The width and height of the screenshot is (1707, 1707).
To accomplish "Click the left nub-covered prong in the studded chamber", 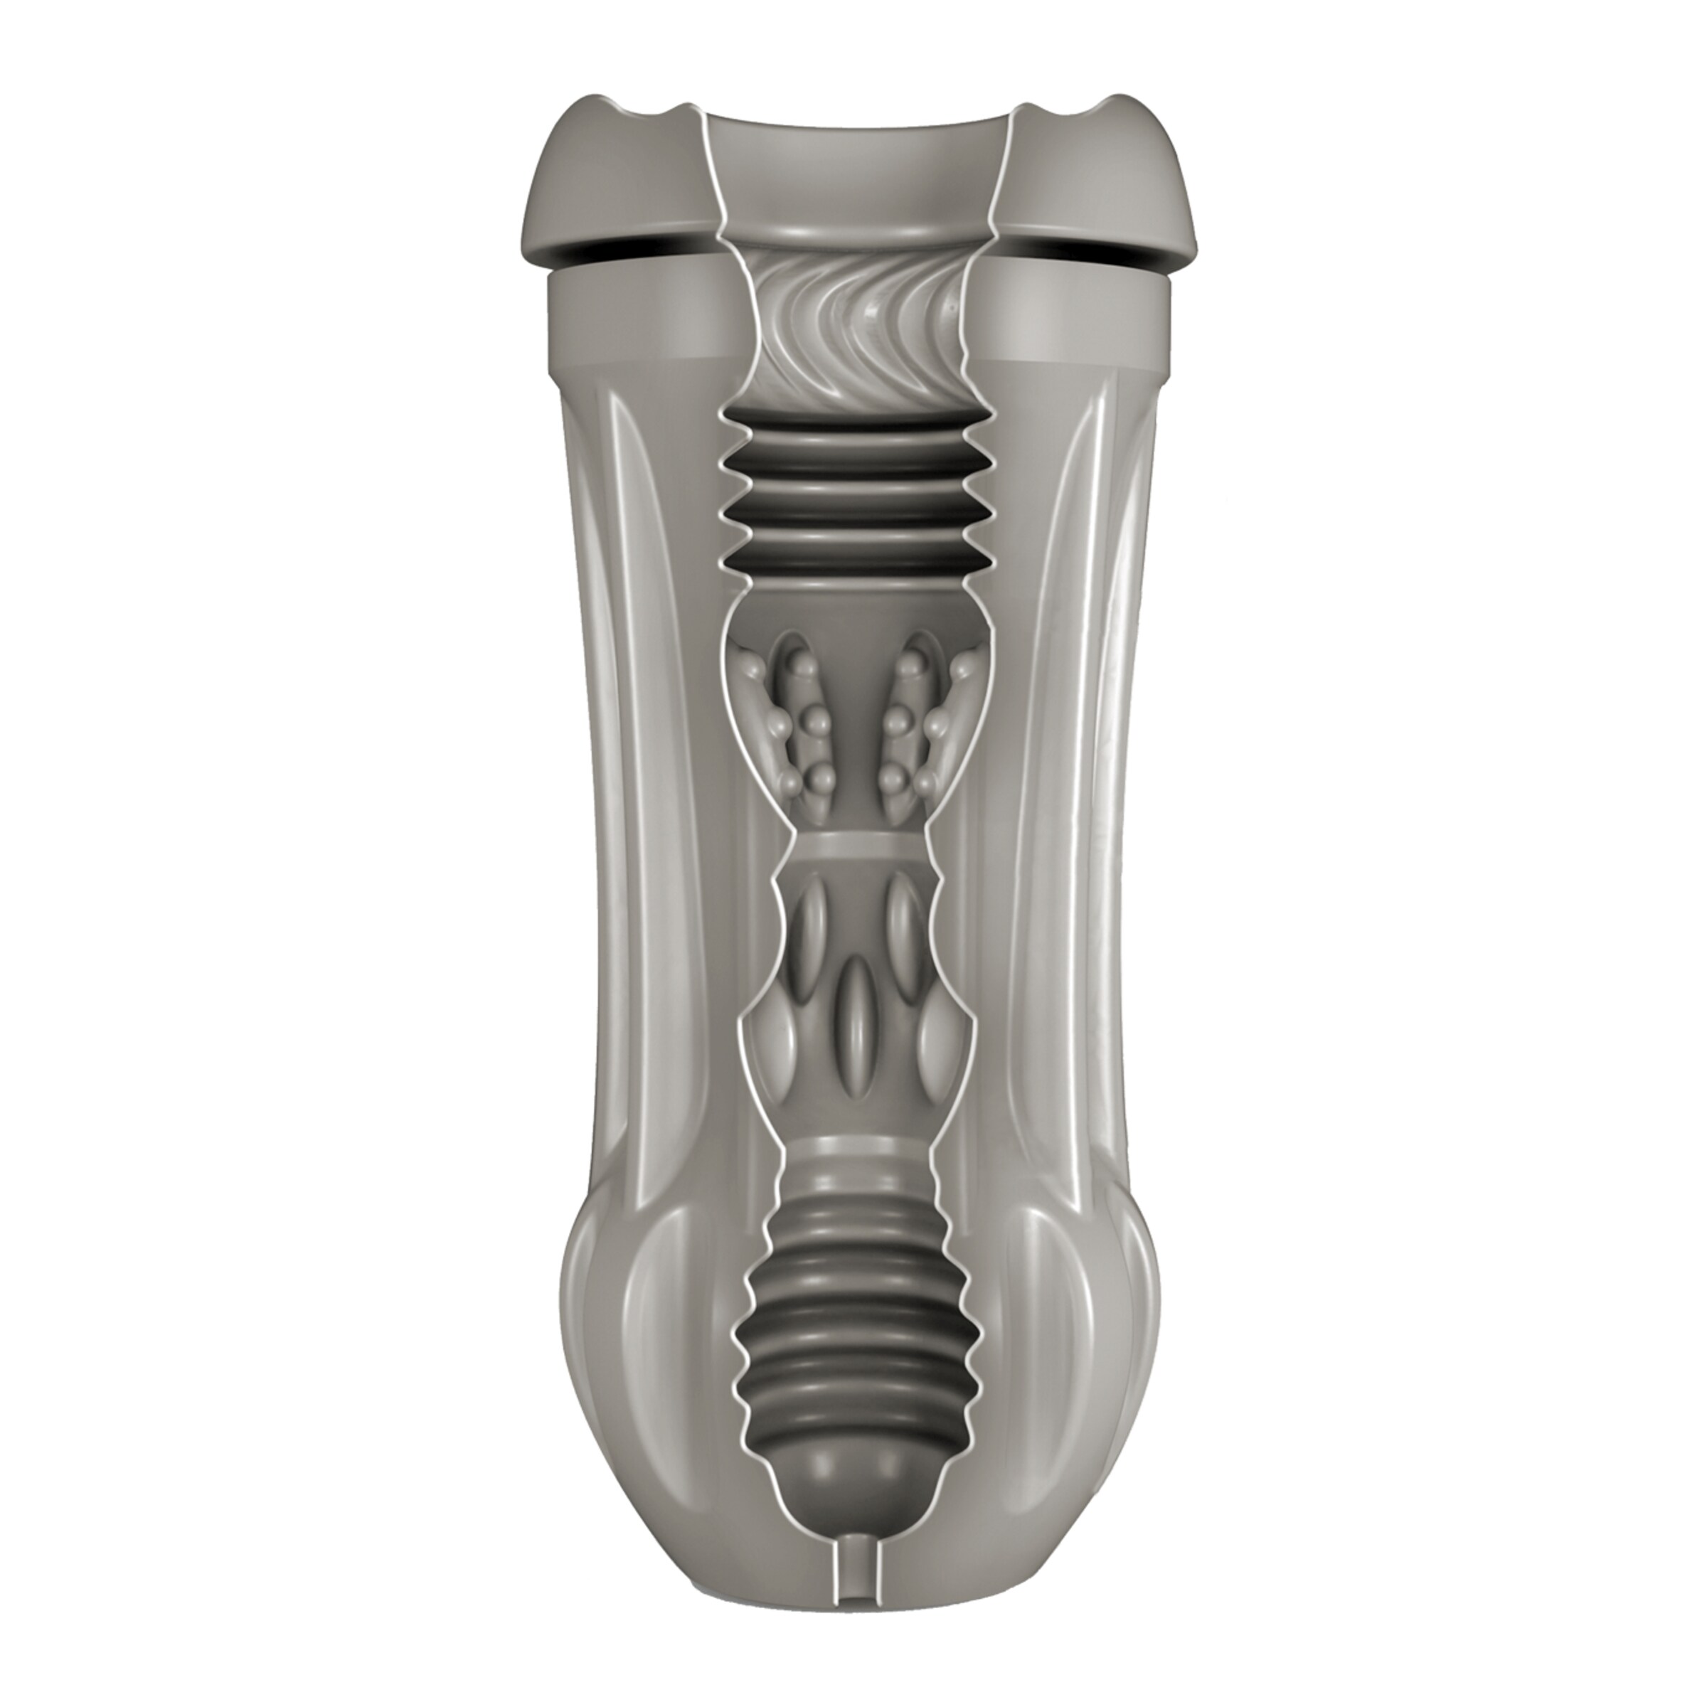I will pyautogui.click(x=795, y=711).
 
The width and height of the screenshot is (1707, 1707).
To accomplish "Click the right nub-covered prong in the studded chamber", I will pyautogui.click(x=910, y=711).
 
